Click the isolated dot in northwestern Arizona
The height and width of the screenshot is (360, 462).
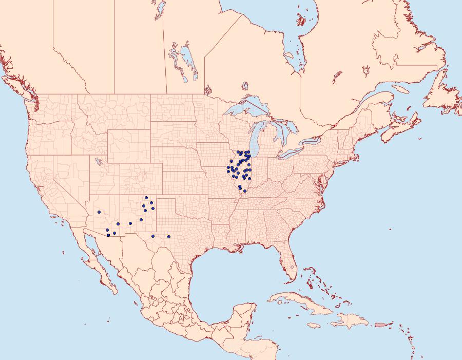[x=99, y=212]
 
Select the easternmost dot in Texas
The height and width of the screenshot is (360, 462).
[x=169, y=237]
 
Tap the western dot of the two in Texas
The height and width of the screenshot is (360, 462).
[x=153, y=236]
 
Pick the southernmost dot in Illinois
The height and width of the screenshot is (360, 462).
[x=244, y=192]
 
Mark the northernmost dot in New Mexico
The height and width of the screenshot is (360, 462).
[x=146, y=198]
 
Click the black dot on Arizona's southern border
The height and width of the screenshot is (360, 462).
[x=108, y=235]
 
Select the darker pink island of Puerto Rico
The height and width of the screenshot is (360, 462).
[x=380, y=325]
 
